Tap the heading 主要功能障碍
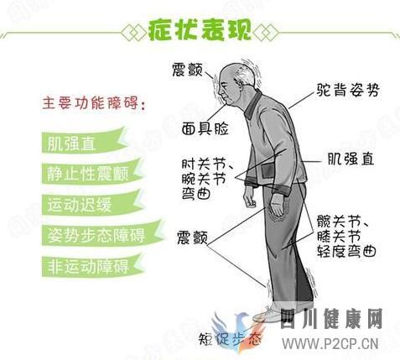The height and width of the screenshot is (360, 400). pos(91,107)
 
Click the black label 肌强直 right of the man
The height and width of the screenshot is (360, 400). pos(351,157)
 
